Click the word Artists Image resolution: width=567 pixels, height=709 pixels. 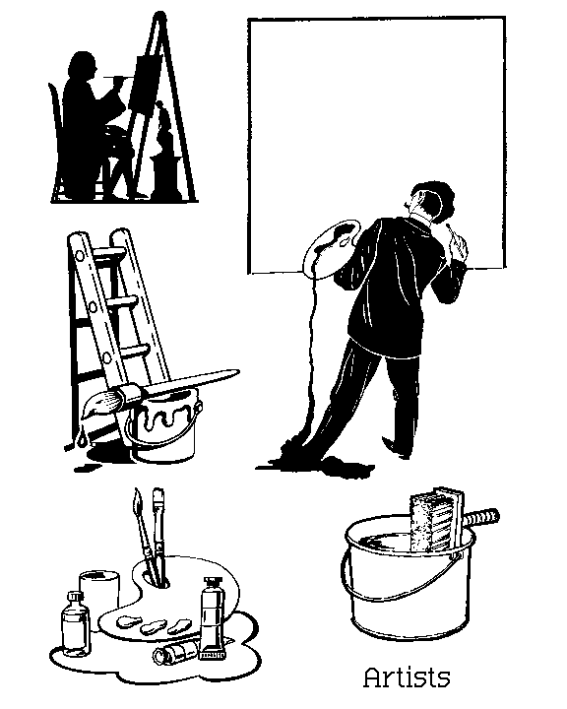407,677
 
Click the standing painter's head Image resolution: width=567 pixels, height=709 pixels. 433,200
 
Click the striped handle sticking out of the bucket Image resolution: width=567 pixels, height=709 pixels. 481,518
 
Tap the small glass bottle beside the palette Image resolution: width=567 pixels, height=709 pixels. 76,623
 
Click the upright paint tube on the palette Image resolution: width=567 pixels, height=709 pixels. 213,617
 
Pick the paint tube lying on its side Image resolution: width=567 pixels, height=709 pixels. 177,651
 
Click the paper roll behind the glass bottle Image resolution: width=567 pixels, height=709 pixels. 100,593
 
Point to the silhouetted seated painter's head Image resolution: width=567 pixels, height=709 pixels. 83,67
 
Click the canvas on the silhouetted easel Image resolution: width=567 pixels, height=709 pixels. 145,84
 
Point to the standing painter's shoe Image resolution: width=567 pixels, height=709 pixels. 397,448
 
